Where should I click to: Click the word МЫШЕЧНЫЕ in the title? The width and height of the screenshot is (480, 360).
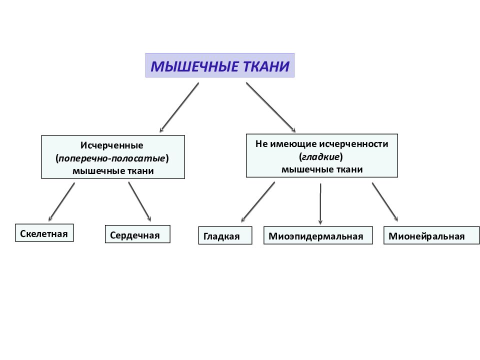[x=194, y=66]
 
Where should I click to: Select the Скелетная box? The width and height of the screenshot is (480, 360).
[x=44, y=233]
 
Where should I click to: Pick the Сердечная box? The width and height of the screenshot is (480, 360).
[x=137, y=234]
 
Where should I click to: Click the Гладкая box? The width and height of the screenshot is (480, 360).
[x=225, y=235]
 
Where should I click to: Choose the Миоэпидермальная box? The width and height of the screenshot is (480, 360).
[x=318, y=235]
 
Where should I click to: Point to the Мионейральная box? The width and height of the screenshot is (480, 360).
[x=431, y=235]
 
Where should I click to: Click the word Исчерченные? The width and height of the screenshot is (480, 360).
[x=111, y=145]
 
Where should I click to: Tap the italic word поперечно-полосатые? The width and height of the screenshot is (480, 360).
[x=111, y=158]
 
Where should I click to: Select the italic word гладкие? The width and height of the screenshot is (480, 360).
[x=321, y=157]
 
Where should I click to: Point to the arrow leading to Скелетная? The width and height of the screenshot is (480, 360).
[x=61, y=202]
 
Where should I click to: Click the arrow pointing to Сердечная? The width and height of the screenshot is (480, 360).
[x=139, y=201]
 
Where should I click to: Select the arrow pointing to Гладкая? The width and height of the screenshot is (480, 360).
[x=258, y=202]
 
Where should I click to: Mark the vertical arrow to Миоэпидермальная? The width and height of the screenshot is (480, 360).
[x=320, y=204]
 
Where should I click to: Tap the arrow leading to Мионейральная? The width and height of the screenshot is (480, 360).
[x=385, y=202]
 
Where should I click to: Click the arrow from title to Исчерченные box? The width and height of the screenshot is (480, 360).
[x=179, y=107]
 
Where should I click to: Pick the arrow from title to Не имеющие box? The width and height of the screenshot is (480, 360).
[x=271, y=107]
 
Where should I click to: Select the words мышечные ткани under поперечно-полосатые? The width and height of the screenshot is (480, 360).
[x=113, y=171]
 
